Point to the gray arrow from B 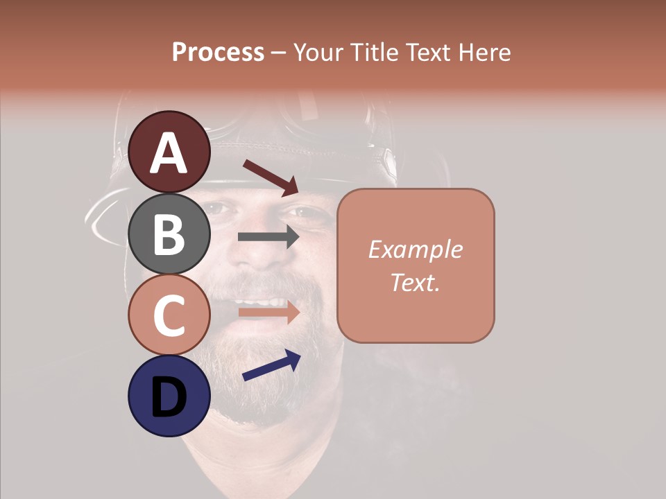click(x=268, y=236)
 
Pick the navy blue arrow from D click(x=271, y=365)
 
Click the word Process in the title click(x=218, y=52)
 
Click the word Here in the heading click(x=484, y=52)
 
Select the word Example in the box click(x=415, y=249)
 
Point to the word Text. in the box click(x=415, y=282)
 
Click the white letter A click(x=169, y=153)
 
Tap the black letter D click(x=169, y=398)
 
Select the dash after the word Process click(x=279, y=53)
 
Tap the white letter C click(x=169, y=315)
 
